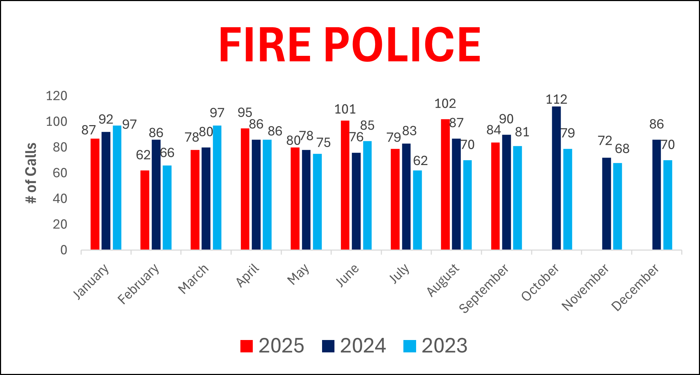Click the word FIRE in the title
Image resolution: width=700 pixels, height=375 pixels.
pyautogui.click(x=264, y=45)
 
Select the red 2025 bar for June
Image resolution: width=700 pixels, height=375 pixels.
pyautogui.click(x=345, y=185)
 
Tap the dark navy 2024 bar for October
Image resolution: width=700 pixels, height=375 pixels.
pyautogui.click(x=556, y=178)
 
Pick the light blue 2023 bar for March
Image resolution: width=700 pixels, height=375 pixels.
pyautogui.click(x=217, y=188)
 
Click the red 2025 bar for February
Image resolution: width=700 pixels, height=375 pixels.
pyautogui.click(x=145, y=210)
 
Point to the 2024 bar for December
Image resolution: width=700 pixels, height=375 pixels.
pyautogui.click(x=657, y=195)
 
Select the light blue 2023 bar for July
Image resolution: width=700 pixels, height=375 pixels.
pyautogui.click(x=418, y=210)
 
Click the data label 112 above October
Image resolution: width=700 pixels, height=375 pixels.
pyautogui.click(x=556, y=99)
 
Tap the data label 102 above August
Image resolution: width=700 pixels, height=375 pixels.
pyautogui.click(x=445, y=104)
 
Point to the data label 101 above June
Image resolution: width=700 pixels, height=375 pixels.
pyautogui.click(x=345, y=109)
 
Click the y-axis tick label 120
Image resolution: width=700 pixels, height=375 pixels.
pyautogui.click(x=57, y=96)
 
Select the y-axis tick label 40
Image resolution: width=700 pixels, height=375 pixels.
pyautogui.click(x=60, y=199)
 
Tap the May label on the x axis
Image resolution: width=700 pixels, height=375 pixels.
pyautogui.click(x=298, y=275)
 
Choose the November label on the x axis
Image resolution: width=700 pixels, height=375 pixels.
pyautogui.click(x=585, y=287)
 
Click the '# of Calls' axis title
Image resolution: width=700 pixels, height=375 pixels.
pyautogui.click(x=31, y=173)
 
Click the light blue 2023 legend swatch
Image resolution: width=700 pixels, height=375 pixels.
pyautogui.click(x=410, y=346)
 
